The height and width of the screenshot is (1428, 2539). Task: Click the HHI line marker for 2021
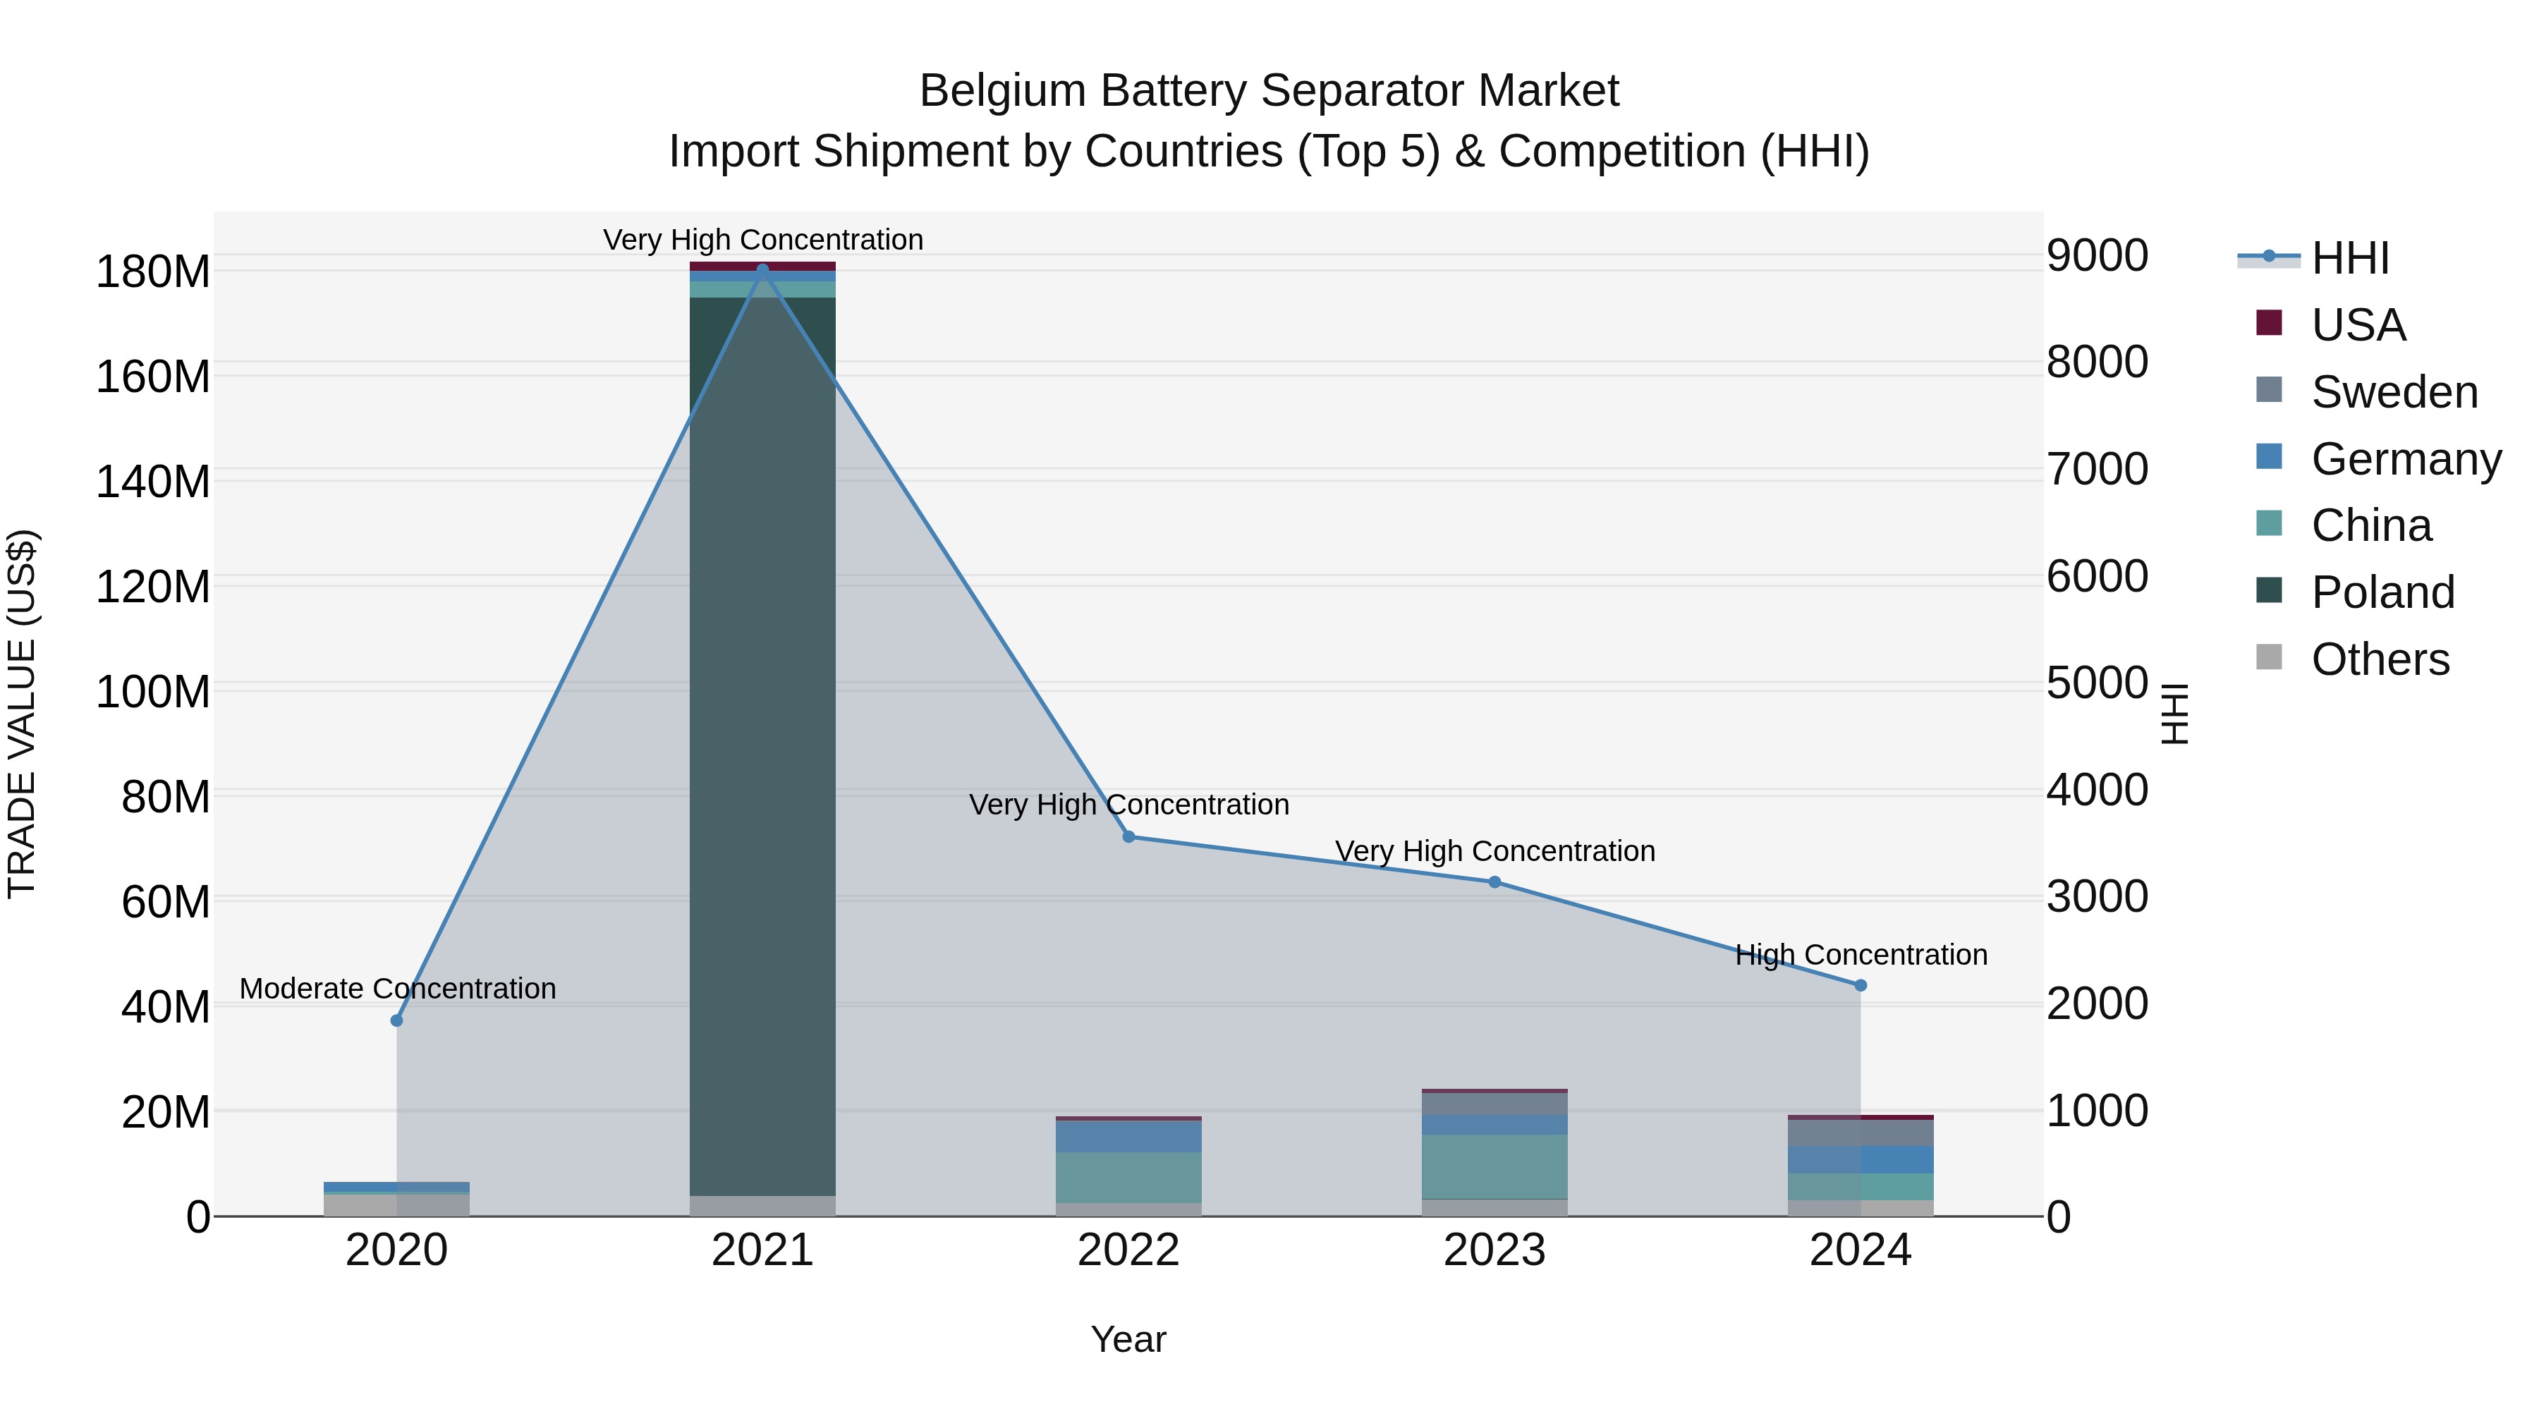(762, 270)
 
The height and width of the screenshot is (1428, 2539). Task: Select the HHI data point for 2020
(397, 1020)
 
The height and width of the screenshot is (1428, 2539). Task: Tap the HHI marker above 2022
(1128, 836)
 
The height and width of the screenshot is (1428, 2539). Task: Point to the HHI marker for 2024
(1860, 984)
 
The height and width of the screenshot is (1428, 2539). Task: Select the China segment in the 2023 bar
(1494, 1166)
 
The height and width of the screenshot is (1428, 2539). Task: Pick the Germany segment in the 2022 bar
(1128, 1136)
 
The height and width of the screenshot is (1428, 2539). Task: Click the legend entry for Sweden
(2393, 392)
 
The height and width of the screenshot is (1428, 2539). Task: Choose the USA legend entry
(2358, 325)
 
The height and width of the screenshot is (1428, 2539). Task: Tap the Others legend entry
(2380, 659)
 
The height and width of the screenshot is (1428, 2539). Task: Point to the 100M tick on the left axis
(153, 692)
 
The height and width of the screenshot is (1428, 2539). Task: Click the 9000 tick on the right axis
(2097, 255)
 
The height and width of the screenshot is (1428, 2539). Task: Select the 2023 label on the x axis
(1494, 1250)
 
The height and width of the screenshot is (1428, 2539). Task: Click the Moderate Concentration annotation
(397, 989)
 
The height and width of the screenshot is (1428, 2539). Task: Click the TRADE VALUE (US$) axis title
(22, 714)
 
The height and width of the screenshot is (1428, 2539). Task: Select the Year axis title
(1128, 1339)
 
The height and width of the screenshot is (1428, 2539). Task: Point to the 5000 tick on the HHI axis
(2097, 683)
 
